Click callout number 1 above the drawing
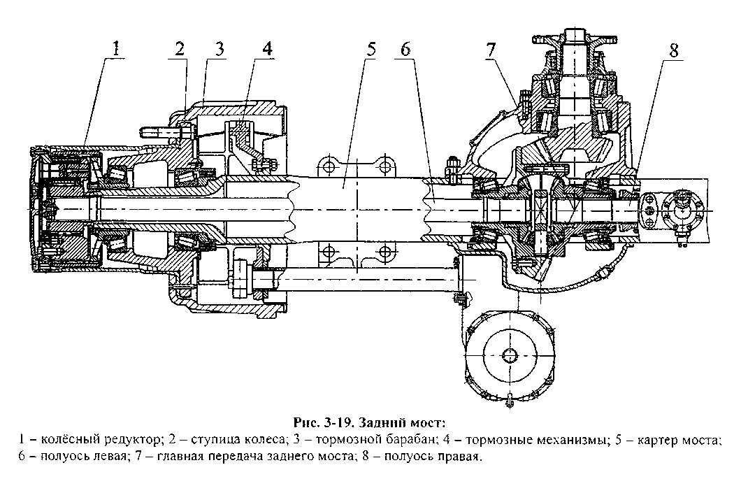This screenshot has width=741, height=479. [x=116, y=49]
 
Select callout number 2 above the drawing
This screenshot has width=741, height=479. [x=180, y=49]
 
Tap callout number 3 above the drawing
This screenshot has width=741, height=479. [x=220, y=49]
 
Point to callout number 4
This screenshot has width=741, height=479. [x=266, y=50]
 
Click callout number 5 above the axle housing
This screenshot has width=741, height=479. [x=370, y=50]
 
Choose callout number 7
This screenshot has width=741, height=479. [x=491, y=50]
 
